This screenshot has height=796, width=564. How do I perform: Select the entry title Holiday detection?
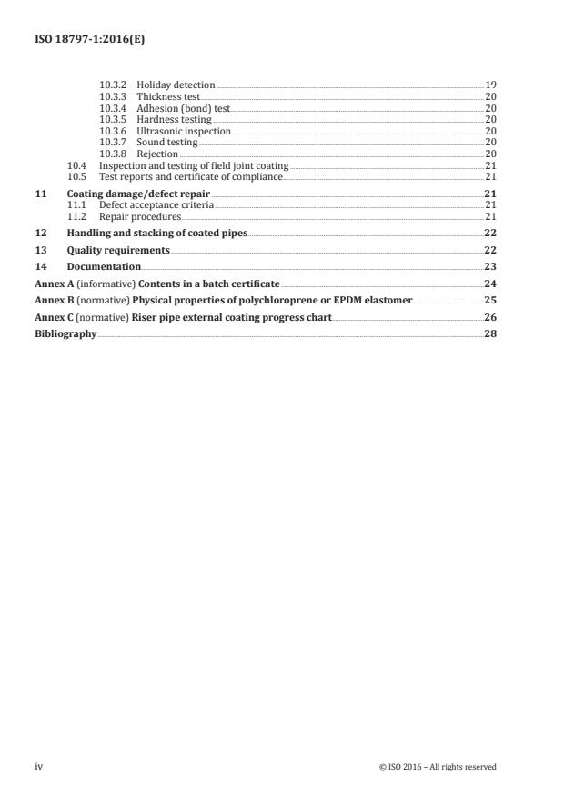tap(176, 85)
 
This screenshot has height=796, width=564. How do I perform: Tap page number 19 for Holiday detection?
tap(490, 85)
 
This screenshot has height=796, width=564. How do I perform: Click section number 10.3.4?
tap(113, 107)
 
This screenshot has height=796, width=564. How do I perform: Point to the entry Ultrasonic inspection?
tap(184, 131)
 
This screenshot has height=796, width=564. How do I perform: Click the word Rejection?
tap(157, 154)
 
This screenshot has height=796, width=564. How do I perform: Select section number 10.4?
tap(77, 165)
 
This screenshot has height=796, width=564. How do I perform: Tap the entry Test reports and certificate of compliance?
tap(191, 177)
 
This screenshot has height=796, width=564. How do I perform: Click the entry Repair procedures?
tap(140, 217)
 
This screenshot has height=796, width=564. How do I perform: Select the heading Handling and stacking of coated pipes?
tap(157, 234)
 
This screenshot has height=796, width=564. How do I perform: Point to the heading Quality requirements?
tap(118, 250)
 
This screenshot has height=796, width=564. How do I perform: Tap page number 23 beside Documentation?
tap(490, 267)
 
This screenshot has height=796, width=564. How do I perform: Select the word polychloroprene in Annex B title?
tap(270, 300)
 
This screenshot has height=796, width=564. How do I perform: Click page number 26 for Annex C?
tap(490, 317)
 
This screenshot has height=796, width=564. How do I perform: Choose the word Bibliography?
tap(65, 333)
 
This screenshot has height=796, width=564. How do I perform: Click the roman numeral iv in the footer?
tap(39, 767)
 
